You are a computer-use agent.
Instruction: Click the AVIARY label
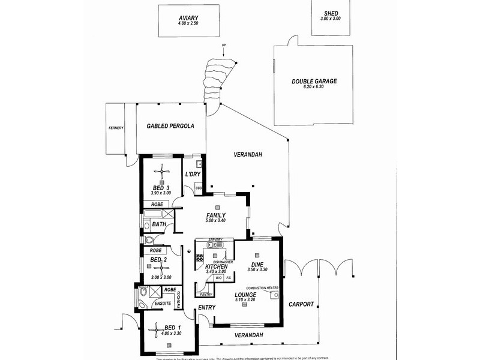(188, 18)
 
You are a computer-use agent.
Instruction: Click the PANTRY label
(205, 295)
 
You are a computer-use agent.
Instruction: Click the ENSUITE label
(163, 304)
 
